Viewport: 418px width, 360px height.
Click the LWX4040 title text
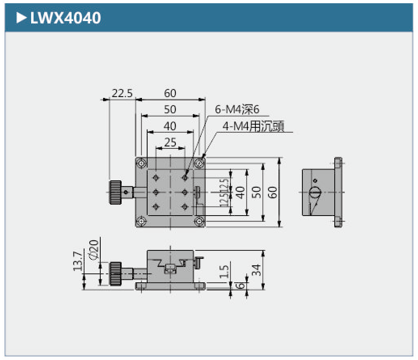(65, 17)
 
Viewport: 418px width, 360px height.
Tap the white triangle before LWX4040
(21, 17)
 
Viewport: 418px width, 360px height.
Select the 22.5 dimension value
(122, 93)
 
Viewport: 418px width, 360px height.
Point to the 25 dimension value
(171, 142)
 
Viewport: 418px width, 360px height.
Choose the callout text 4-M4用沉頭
(253, 127)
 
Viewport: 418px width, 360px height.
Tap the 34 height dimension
(256, 270)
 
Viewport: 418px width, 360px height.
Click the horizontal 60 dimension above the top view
(170, 93)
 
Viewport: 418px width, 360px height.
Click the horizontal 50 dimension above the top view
(170, 110)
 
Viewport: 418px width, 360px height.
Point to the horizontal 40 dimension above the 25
(170, 126)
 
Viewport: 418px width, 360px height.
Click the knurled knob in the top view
(115, 192)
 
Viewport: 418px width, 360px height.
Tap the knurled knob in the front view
(115, 274)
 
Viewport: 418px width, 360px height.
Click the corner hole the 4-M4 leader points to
(199, 163)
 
